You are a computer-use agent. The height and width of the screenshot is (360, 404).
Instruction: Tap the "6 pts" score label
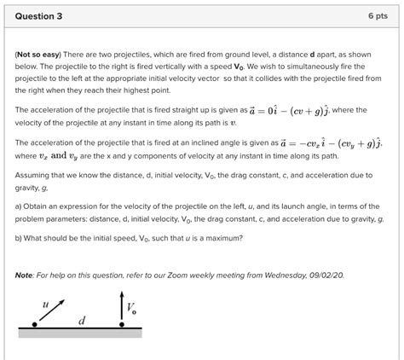(x=379, y=16)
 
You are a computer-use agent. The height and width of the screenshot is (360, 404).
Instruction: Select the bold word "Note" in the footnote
(x=24, y=275)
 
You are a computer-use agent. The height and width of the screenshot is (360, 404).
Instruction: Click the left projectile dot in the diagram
(x=34, y=324)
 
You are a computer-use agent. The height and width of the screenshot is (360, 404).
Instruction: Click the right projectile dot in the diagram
(x=122, y=324)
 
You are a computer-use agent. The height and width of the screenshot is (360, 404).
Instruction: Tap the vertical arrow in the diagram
(x=122, y=307)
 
